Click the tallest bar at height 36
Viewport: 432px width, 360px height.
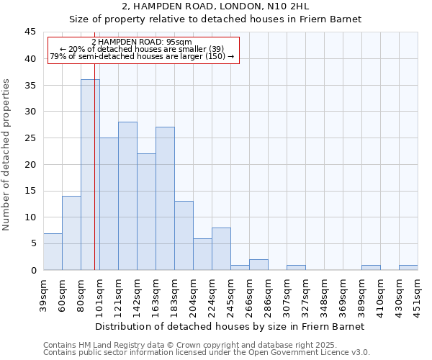point(90,174)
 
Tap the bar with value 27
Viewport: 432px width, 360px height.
point(165,198)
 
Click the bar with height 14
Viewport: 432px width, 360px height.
point(71,233)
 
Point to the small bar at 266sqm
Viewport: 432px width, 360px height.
point(258,264)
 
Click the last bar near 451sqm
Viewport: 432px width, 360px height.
point(408,267)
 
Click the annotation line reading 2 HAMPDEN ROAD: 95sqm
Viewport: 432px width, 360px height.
point(142,42)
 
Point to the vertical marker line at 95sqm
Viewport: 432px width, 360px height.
point(94,180)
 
